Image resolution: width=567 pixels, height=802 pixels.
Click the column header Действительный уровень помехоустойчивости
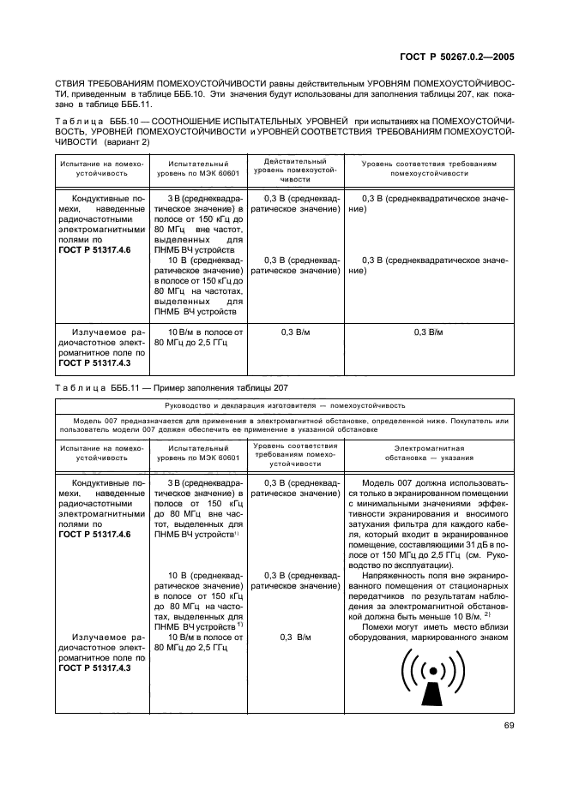tap(295, 171)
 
